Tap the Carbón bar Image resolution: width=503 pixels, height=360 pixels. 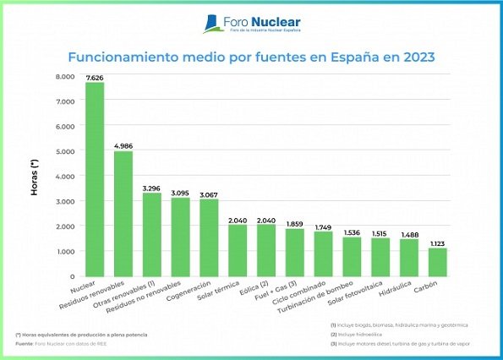(437, 262)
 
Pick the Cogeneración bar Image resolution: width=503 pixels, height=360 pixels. (209, 237)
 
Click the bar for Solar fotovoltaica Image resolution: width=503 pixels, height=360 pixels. (380, 257)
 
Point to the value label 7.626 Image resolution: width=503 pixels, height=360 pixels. (95, 78)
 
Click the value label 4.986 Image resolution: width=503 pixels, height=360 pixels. (123, 145)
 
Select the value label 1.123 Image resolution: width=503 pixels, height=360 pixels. (437, 243)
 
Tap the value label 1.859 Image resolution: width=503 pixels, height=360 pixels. (294, 224)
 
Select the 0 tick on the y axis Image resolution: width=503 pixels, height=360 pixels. (73, 276)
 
